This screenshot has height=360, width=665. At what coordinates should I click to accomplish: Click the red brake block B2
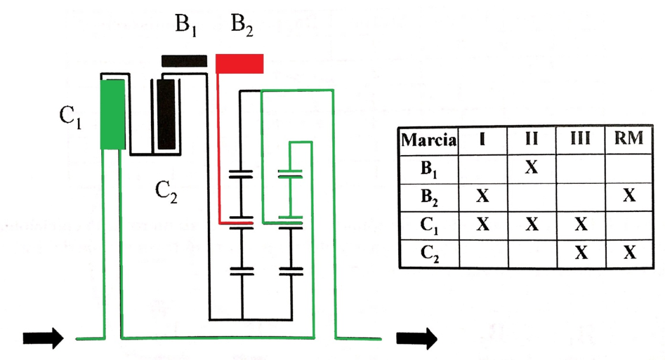click(x=239, y=64)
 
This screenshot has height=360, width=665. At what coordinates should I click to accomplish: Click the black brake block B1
click(x=184, y=60)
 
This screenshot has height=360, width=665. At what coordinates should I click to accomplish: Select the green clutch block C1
click(x=113, y=114)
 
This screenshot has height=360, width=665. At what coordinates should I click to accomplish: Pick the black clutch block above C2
click(x=166, y=114)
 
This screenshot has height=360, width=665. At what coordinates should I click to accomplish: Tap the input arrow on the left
click(x=44, y=338)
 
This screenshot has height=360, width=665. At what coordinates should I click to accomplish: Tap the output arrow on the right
click(x=417, y=338)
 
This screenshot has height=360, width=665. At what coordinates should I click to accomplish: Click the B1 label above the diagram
click(x=186, y=25)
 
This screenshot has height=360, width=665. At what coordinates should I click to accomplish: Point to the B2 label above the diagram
click(x=242, y=25)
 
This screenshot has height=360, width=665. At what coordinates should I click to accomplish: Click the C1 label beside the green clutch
click(x=70, y=116)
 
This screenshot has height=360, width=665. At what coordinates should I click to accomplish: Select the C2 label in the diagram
click(x=166, y=192)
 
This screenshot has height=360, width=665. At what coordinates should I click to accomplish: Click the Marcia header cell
click(x=429, y=140)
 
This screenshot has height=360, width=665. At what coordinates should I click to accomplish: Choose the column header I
click(x=482, y=138)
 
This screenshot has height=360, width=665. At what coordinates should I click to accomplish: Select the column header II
click(x=532, y=138)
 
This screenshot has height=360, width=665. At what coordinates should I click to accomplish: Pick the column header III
click(x=580, y=138)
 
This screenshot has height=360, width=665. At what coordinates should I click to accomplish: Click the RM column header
click(x=629, y=138)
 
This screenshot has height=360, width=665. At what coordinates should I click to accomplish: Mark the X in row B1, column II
click(x=532, y=168)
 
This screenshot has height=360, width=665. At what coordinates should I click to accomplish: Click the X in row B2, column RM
click(x=629, y=196)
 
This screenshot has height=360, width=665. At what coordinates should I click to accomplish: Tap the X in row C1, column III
click(x=581, y=224)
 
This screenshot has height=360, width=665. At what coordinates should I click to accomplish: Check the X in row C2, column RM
click(x=629, y=253)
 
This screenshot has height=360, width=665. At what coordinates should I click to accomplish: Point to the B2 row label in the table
click(x=429, y=197)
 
